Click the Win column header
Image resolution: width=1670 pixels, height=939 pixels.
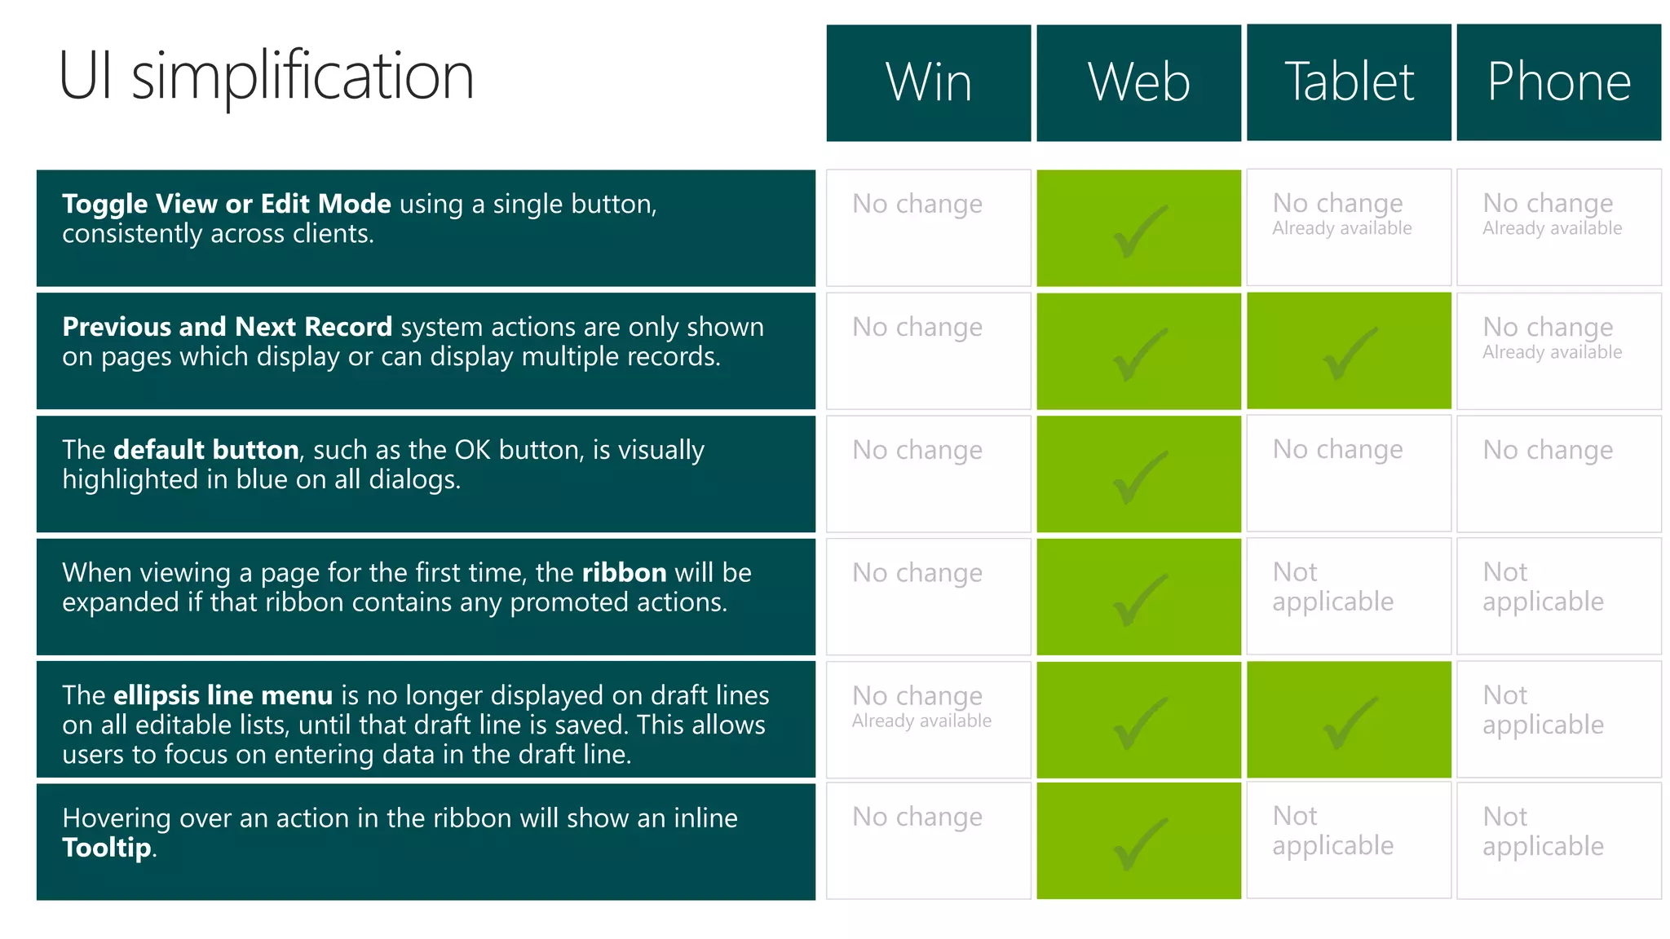[928, 82]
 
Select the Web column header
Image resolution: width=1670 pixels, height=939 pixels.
[1138, 82]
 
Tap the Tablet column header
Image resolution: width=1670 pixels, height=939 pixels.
[1349, 82]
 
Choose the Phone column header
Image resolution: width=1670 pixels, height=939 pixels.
[1558, 82]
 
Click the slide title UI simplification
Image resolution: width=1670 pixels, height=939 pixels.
[266, 76]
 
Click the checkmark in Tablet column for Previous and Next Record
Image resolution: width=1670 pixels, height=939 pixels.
[1349, 354]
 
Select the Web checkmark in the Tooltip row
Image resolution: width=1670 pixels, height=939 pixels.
[1139, 844]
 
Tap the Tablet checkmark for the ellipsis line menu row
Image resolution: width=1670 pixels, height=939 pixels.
[1349, 722]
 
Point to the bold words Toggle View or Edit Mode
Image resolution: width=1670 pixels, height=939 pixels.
[226, 203]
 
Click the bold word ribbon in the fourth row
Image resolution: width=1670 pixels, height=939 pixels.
[624, 572]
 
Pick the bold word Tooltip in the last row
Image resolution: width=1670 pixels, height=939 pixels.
[107, 848]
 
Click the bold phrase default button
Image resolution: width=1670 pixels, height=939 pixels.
[205, 449]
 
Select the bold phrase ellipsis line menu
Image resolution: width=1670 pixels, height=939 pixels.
[223, 694]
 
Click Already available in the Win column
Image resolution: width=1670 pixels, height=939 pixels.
[921, 721]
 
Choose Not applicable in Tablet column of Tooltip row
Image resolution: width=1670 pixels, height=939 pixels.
[1332, 831]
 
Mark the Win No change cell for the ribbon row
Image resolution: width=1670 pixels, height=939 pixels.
[917, 573]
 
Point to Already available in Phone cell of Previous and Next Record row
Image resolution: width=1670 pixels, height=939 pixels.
[1552, 352]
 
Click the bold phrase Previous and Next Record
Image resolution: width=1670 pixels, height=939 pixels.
[227, 326]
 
